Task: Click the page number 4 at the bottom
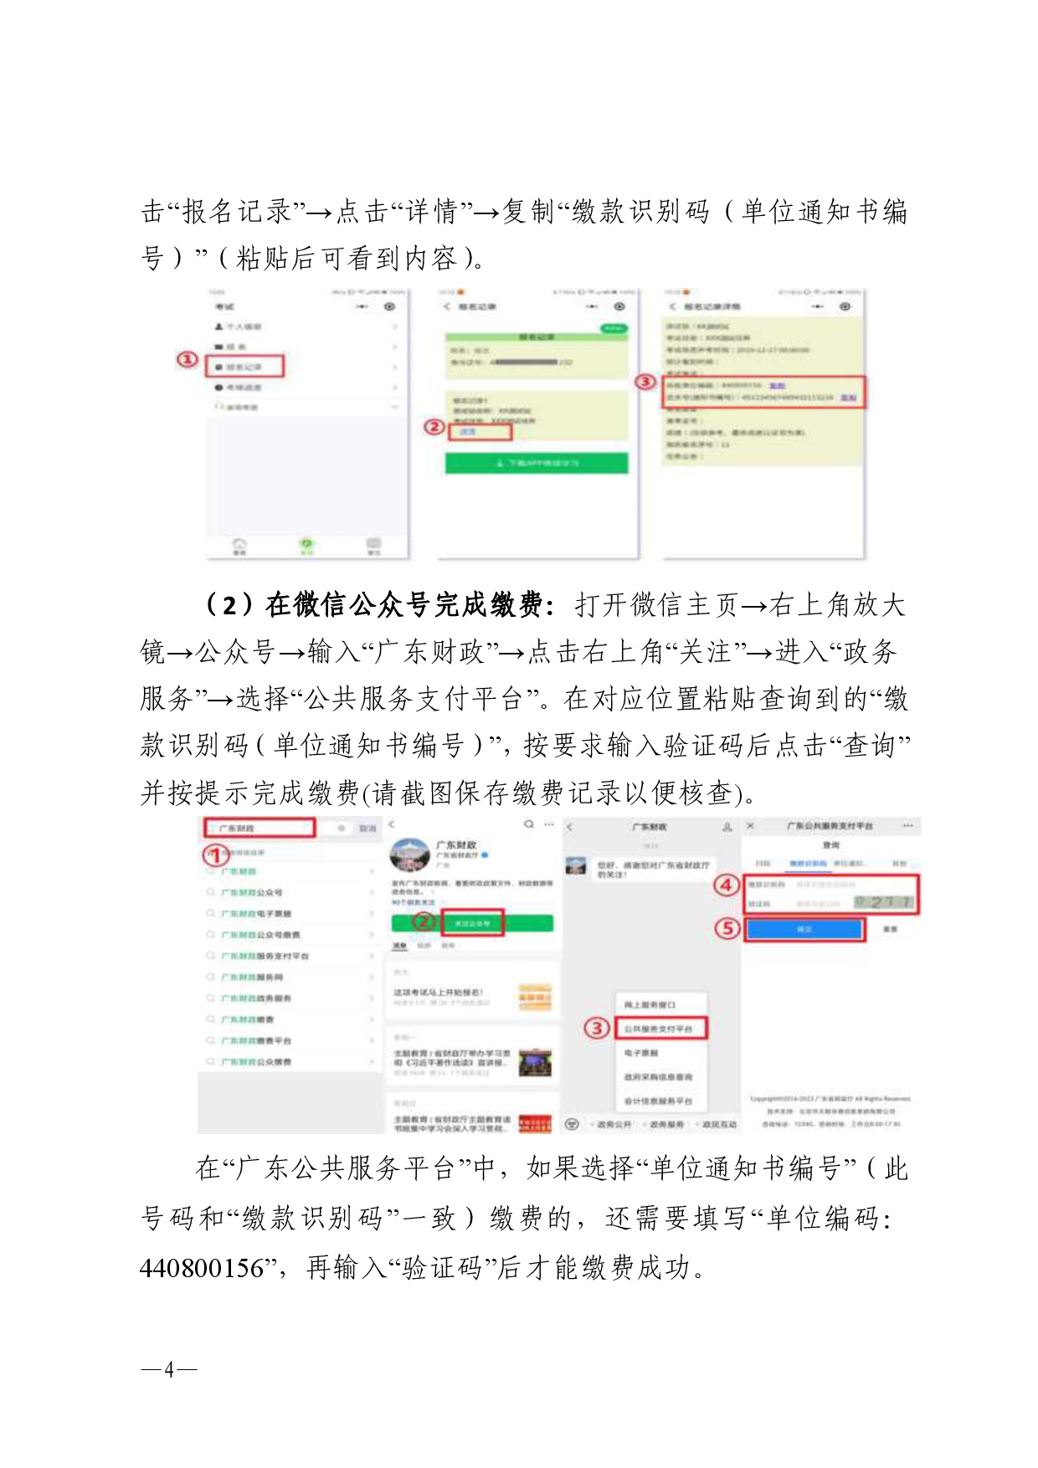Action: (169, 1370)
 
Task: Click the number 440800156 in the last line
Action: (202, 1267)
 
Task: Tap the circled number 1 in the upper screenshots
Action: (188, 360)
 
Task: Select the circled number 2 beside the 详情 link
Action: (434, 427)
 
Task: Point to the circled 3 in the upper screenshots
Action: (645, 382)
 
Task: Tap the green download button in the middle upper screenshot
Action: (537, 463)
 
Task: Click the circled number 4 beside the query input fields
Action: (727, 885)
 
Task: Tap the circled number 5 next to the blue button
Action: (727, 928)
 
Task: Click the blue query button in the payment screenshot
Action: (804, 929)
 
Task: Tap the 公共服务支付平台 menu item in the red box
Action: (660, 1029)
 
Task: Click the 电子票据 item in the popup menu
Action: (641, 1053)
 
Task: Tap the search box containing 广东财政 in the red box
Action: (259, 828)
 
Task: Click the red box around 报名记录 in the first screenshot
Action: (245, 366)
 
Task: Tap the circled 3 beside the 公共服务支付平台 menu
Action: (596, 1028)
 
